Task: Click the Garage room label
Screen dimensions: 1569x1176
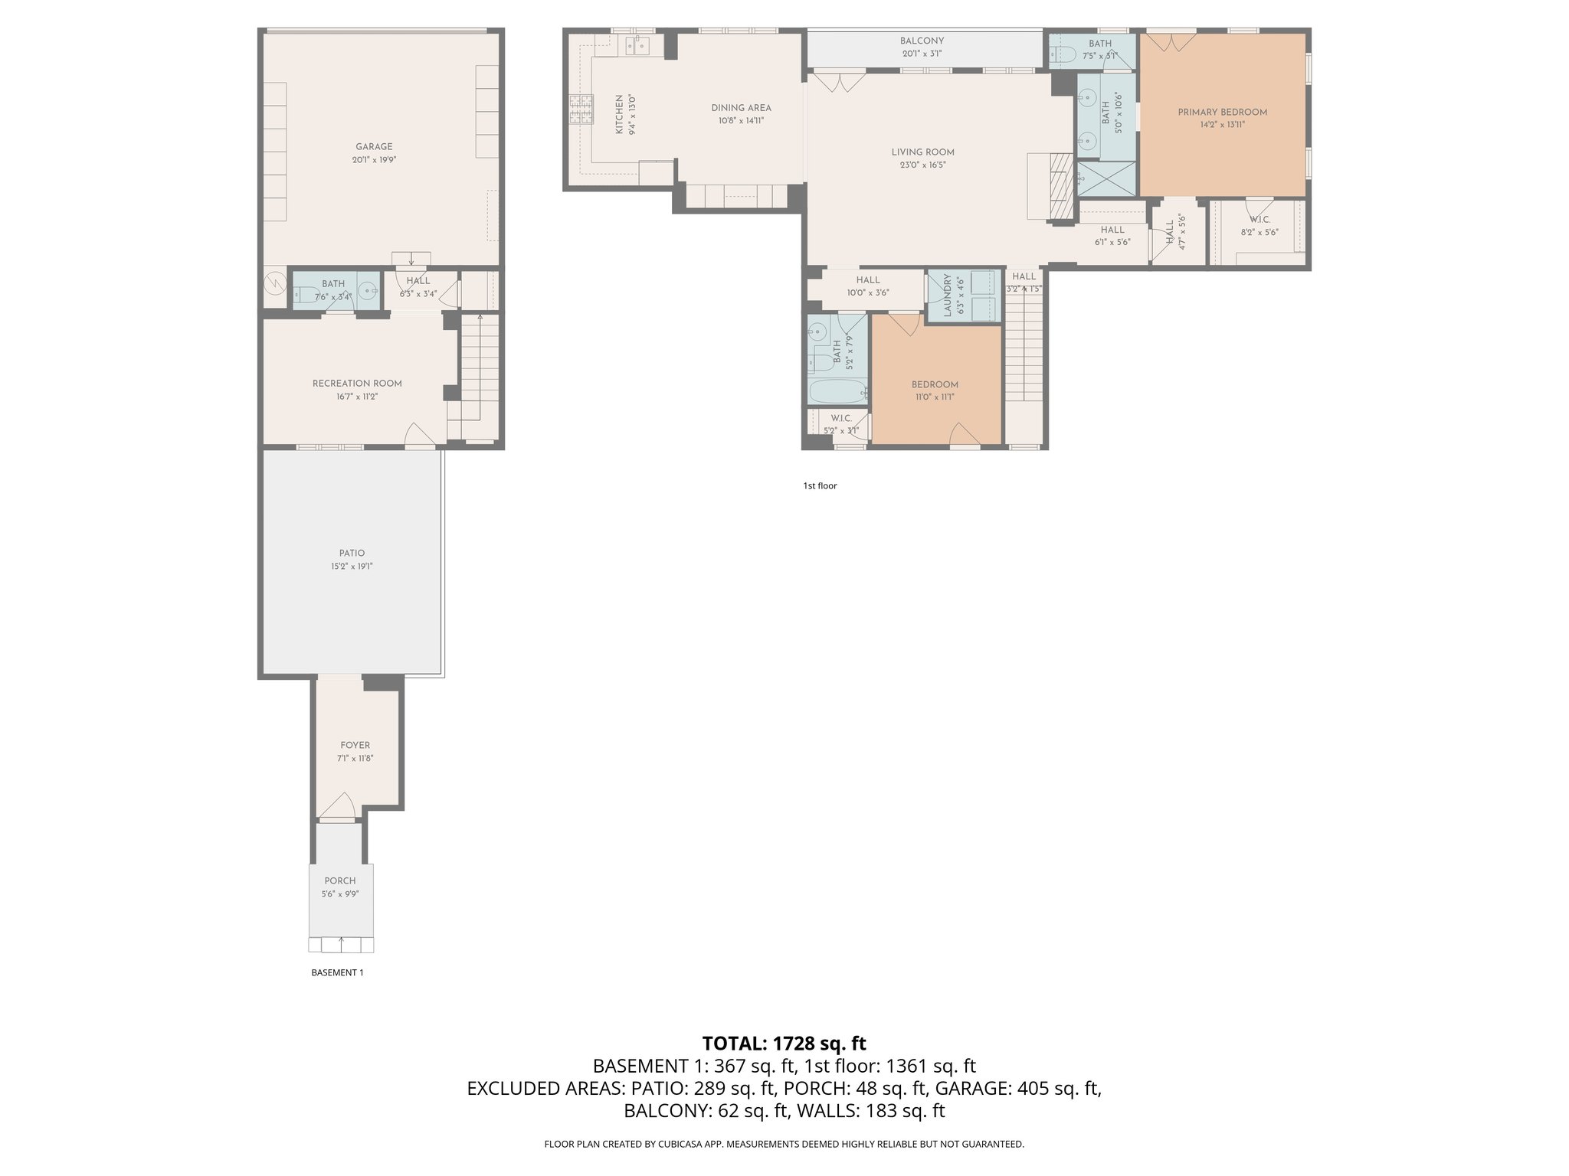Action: [x=374, y=147]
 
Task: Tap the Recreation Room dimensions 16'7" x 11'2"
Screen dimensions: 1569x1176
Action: [x=357, y=397]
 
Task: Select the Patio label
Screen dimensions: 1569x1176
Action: [x=352, y=553]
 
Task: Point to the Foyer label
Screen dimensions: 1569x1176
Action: [x=355, y=745]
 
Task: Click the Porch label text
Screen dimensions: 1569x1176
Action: [x=340, y=880]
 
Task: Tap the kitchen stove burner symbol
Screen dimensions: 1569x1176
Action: [x=581, y=109]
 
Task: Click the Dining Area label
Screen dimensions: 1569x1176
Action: [x=741, y=108]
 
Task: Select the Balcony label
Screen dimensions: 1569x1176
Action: [x=922, y=41]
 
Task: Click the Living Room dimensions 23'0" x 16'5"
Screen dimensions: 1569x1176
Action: [x=922, y=165]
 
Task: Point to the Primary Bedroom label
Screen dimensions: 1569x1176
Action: [x=1222, y=113]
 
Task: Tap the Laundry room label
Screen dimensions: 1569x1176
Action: [x=947, y=296]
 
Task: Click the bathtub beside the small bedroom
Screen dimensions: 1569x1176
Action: [x=837, y=392]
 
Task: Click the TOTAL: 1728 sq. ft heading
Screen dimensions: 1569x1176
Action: [x=784, y=1043]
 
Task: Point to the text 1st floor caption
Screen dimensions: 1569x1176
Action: [x=820, y=485]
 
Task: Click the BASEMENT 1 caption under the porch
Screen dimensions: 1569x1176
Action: [x=337, y=972]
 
